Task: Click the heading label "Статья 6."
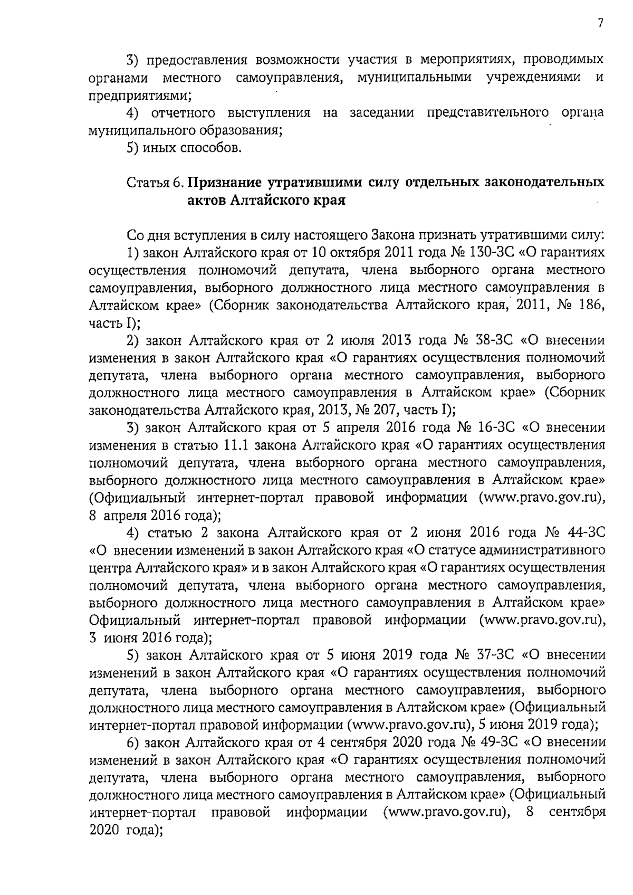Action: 155,184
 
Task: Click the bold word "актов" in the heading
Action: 207,201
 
